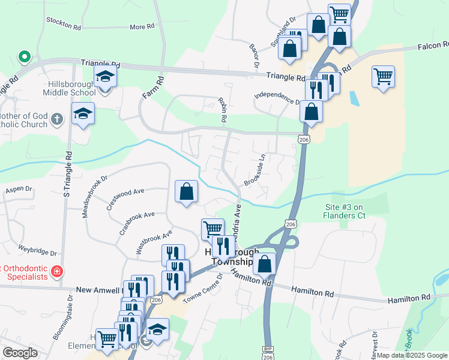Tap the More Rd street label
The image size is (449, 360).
[142, 27]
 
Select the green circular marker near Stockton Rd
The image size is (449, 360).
[25, 57]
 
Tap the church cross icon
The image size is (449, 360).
[56, 118]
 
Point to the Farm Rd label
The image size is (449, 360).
[153, 88]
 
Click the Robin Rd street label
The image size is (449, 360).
[223, 110]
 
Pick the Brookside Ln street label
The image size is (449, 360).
[255, 172]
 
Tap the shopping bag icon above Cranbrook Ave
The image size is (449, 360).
[187, 192]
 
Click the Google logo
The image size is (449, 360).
[20, 353]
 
